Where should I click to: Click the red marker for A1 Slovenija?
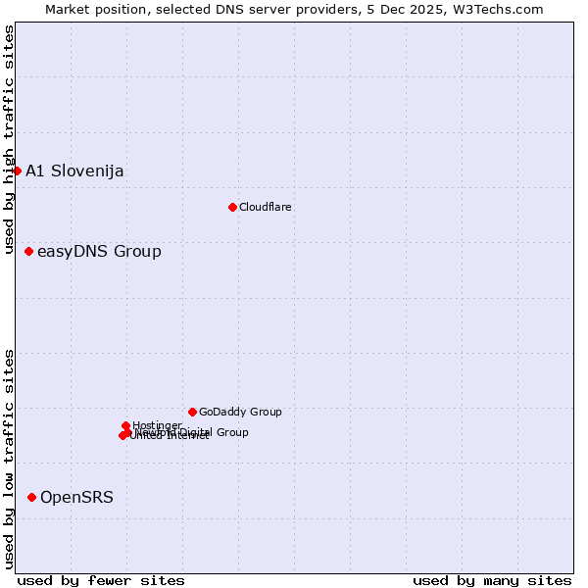point(17,171)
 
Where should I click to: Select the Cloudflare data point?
point(232,207)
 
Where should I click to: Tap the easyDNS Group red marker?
point(28,252)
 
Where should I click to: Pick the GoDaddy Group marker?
point(192,412)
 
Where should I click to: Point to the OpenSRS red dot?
point(31,498)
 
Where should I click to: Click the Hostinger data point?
point(125,425)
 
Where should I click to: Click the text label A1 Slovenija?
point(74,171)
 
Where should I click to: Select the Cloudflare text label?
point(266,207)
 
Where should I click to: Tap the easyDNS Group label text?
point(99,252)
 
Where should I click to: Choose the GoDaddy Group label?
point(240,412)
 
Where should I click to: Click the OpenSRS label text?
point(76,498)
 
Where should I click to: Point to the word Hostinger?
point(157,425)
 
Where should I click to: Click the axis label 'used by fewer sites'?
point(101,581)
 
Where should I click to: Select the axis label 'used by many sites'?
point(492,581)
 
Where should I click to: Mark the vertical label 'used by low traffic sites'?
point(10,459)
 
